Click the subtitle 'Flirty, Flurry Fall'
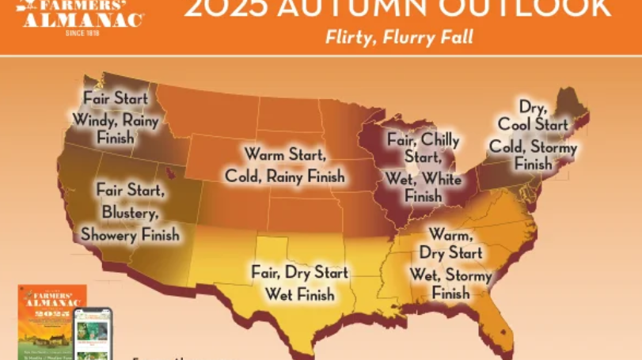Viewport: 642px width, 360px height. [x=399, y=37]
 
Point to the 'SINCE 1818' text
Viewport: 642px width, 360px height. [x=82, y=32]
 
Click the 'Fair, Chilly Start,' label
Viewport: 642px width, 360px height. [x=423, y=148]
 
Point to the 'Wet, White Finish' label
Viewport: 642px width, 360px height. [x=423, y=188]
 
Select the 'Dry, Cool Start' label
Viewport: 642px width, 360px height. [x=533, y=116]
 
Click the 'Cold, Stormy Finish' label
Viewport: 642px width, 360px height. [x=533, y=155]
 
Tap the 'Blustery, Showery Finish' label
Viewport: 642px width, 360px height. [x=130, y=223]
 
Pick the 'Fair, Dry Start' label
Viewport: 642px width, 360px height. [x=299, y=273]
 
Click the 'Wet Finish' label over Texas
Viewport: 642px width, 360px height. [x=299, y=295]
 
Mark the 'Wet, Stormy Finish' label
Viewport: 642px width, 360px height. [x=450, y=284]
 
